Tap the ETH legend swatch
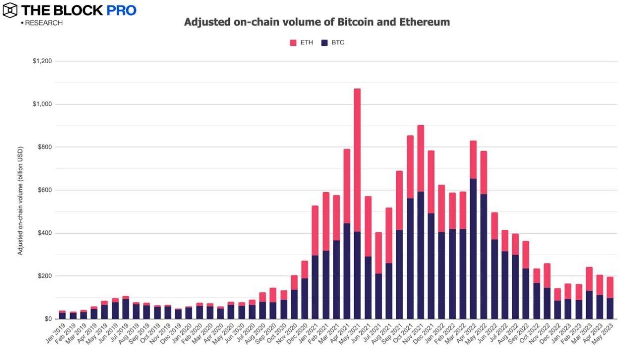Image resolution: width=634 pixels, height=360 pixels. coord(293,43)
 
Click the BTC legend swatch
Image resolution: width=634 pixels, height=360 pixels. coord(324,43)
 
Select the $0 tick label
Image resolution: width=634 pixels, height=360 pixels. coord(49,319)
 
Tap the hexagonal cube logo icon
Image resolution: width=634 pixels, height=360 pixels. coord(10,10)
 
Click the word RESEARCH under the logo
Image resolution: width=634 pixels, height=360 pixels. coord(44,23)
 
